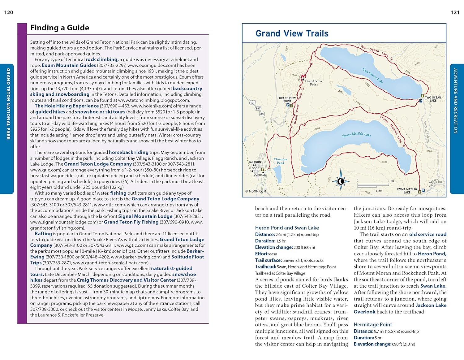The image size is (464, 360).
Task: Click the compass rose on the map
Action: [341, 181]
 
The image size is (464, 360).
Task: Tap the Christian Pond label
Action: [280, 161]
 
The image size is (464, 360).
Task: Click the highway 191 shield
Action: [252, 103]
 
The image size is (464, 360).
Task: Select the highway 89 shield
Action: [262, 114]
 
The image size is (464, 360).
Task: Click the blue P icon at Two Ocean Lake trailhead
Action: [421, 101]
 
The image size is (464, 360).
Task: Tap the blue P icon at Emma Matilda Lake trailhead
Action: [423, 190]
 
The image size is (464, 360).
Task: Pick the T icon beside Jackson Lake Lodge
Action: [263, 170]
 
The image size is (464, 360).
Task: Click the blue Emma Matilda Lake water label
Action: [356, 135]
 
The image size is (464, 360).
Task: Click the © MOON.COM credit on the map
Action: [256, 191]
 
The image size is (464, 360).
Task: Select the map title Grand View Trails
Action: [292, 33]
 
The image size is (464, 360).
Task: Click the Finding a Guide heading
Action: [60, 28]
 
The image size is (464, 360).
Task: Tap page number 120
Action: [9, 12]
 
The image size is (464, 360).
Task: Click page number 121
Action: [455, 12]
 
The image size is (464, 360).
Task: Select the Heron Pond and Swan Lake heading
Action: [287, 228]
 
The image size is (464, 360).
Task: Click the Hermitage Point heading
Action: [373, 324]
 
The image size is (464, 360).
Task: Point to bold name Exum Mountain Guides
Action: [69, 65]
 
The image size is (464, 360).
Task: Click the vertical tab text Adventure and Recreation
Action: [455, 101]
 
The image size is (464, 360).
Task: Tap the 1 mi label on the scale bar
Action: [391, 181]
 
